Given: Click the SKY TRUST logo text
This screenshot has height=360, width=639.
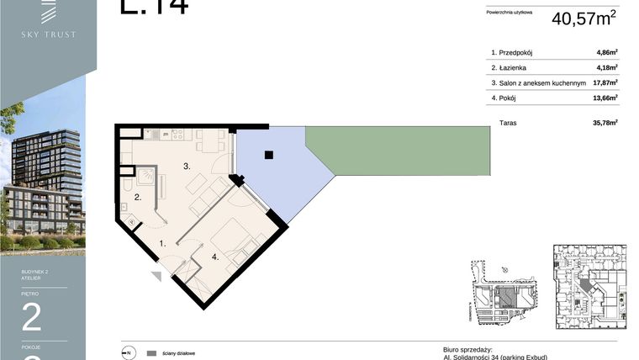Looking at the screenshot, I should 48,34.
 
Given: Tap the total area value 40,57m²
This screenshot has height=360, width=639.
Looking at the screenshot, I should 584,18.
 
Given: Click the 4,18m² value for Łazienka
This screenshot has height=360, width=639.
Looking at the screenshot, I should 606,67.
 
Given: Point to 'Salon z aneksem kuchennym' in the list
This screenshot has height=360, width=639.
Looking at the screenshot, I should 537,82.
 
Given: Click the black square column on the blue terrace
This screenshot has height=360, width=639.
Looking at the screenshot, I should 267,155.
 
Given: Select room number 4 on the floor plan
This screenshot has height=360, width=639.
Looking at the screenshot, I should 215,257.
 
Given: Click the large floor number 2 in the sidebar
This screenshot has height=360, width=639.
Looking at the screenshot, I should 31,317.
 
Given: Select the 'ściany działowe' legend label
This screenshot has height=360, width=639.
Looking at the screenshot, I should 182,352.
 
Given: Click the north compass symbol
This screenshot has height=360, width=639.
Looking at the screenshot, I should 128,352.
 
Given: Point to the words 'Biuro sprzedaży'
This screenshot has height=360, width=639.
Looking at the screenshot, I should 467,348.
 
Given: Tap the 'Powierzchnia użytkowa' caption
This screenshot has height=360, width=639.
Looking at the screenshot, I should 510,13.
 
